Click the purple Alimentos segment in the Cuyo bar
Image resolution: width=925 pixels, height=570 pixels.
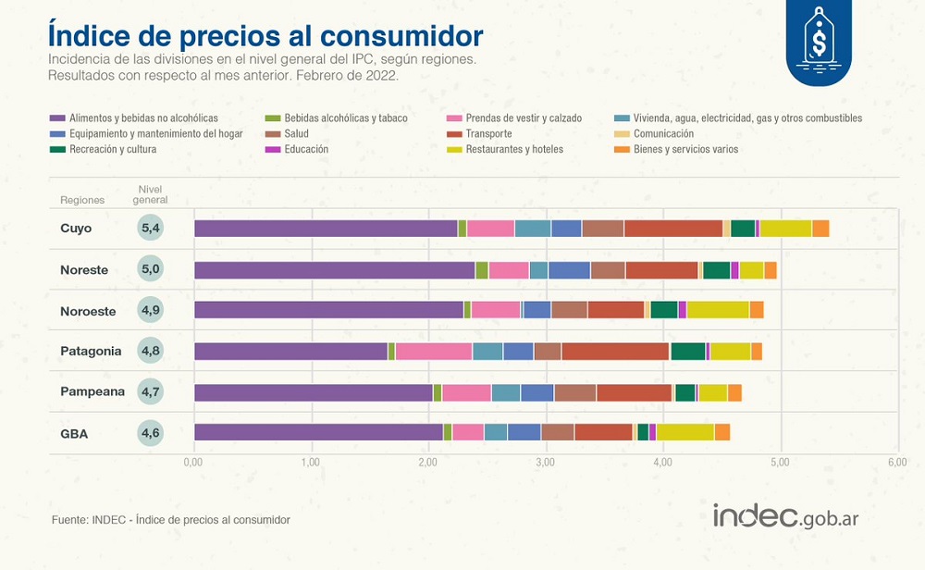coord(326,229)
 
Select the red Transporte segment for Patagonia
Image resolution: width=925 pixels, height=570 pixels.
coord(615,351)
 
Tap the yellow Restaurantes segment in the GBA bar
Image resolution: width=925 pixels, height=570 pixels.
coord(684,432)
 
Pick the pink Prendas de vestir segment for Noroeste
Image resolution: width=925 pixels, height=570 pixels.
coord(496,310)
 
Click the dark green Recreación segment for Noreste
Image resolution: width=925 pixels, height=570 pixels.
coord(716,269)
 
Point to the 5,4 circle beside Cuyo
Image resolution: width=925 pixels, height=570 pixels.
coord(150,228)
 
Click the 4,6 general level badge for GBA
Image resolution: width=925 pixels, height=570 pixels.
coord(150,432)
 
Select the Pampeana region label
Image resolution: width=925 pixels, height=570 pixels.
coord(92,391)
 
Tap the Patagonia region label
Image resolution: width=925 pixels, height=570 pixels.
coord(91,351)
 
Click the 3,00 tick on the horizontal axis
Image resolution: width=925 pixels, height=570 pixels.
coord(546,461)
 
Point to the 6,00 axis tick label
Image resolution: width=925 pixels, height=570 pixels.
coord(897,461)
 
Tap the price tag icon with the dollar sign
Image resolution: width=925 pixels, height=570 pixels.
coord(819,41)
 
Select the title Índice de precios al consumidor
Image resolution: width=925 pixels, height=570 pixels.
coord(265,34)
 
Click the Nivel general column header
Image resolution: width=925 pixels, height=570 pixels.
coord(150,194)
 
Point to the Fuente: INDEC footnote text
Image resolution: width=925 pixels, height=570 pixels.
coord(171,520)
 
